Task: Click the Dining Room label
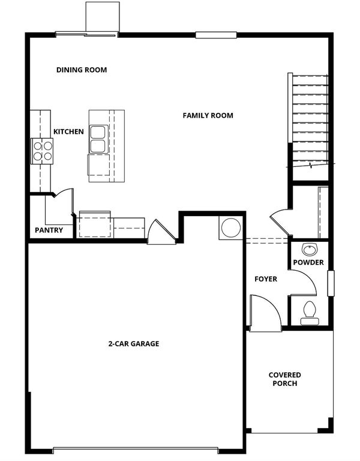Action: pos(82,70)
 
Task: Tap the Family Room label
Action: pos(208,115)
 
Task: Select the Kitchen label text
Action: pos(68,131)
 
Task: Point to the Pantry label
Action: pos(49,230)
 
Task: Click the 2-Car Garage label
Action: pos(134,344)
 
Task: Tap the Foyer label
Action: pos(266,279)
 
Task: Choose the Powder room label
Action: pos(308,262)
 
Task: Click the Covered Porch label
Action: pos(285,379)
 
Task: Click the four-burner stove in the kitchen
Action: pos(42,151)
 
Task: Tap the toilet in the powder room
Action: pos(310,313)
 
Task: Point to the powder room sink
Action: pos(310,250)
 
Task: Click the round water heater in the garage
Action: pos(231,227)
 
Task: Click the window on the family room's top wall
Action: pos(216,35)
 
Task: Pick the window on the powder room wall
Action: pos(331,283)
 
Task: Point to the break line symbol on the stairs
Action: pos(311,165)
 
